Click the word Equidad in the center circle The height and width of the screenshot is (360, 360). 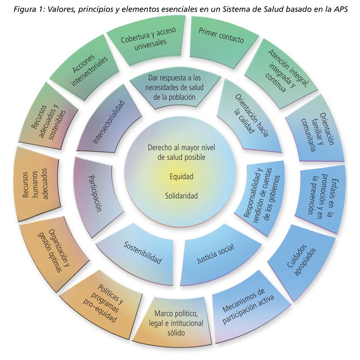click(x=180, y=177)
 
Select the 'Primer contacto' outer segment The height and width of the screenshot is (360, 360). click(x=221, y=40)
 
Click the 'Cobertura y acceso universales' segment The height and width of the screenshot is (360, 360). click(x=144, y=39)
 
